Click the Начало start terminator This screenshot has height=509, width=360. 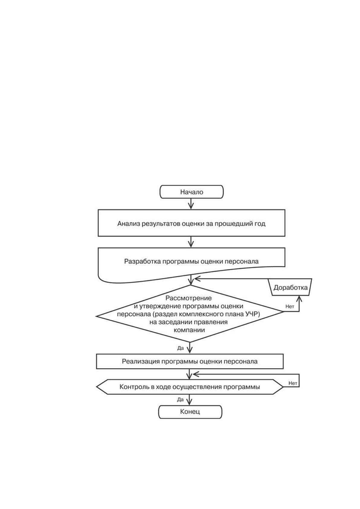(192, 192)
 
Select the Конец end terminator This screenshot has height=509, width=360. (190, 412)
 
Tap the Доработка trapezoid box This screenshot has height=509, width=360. (290, 287)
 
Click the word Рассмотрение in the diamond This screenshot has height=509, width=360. (188, 298)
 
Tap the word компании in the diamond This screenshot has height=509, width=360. (189, 330)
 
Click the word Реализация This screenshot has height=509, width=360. (141, 361)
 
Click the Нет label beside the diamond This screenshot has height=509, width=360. (290, 306)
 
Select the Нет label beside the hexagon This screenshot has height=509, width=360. (293, 383)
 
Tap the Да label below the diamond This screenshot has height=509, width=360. (180, 348)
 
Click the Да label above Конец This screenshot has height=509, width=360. (180, 400)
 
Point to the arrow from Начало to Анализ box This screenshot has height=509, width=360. (191, 204)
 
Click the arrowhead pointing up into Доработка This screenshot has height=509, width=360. (299, 298)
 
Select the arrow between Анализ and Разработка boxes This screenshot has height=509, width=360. (191, 242)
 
